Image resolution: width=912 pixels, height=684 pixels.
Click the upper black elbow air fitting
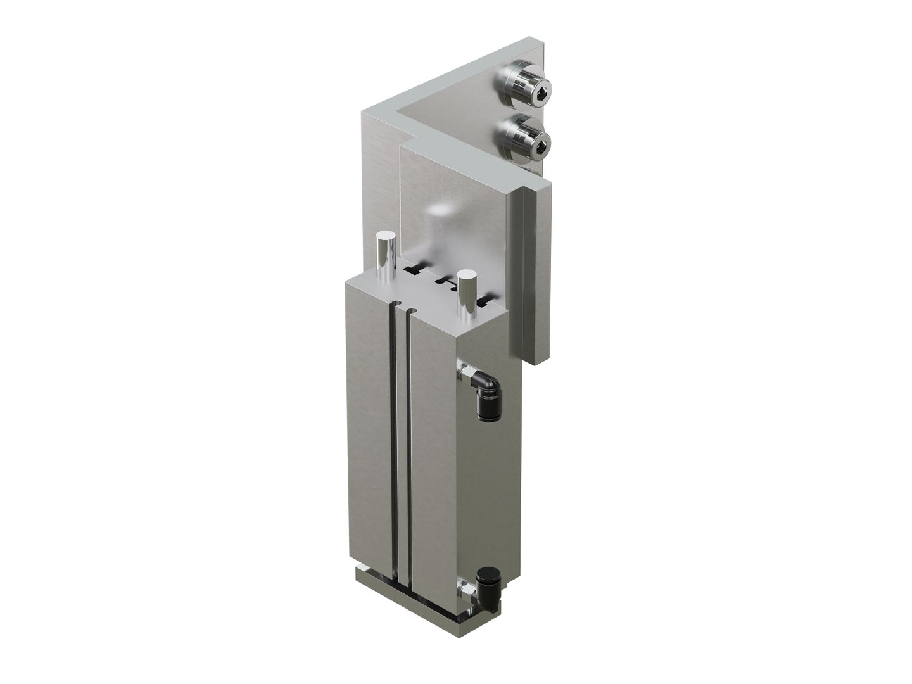tap(486, 391)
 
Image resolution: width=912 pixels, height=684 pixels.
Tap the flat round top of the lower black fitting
tap(487, 575)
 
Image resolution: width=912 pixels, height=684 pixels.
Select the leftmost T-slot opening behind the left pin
tap(412, 270)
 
